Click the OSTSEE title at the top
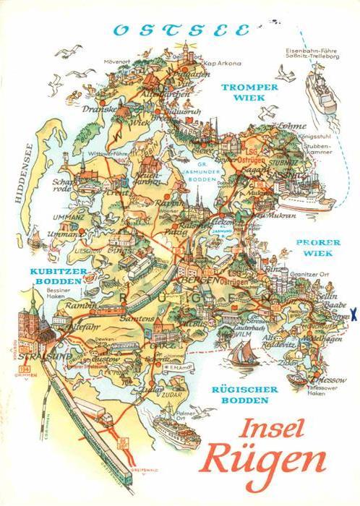[x=181, y=30]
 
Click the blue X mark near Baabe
[x=352, y=314]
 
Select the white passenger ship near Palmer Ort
[x=189, y=432]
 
